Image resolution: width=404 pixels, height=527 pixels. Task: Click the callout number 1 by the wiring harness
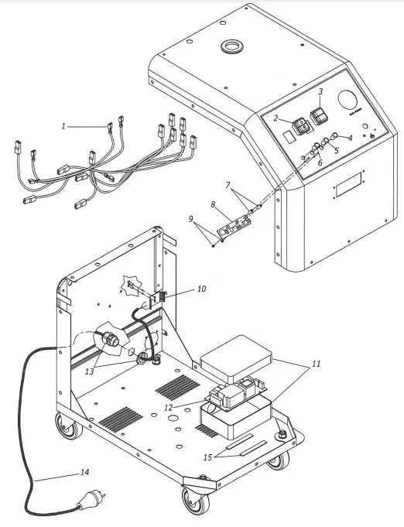tap(66, 125)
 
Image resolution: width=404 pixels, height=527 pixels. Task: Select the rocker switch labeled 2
tap(299, 125)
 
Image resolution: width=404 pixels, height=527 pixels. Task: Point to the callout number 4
tap(349, 138)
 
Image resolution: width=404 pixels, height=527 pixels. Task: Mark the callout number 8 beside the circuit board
tap(213, 205)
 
